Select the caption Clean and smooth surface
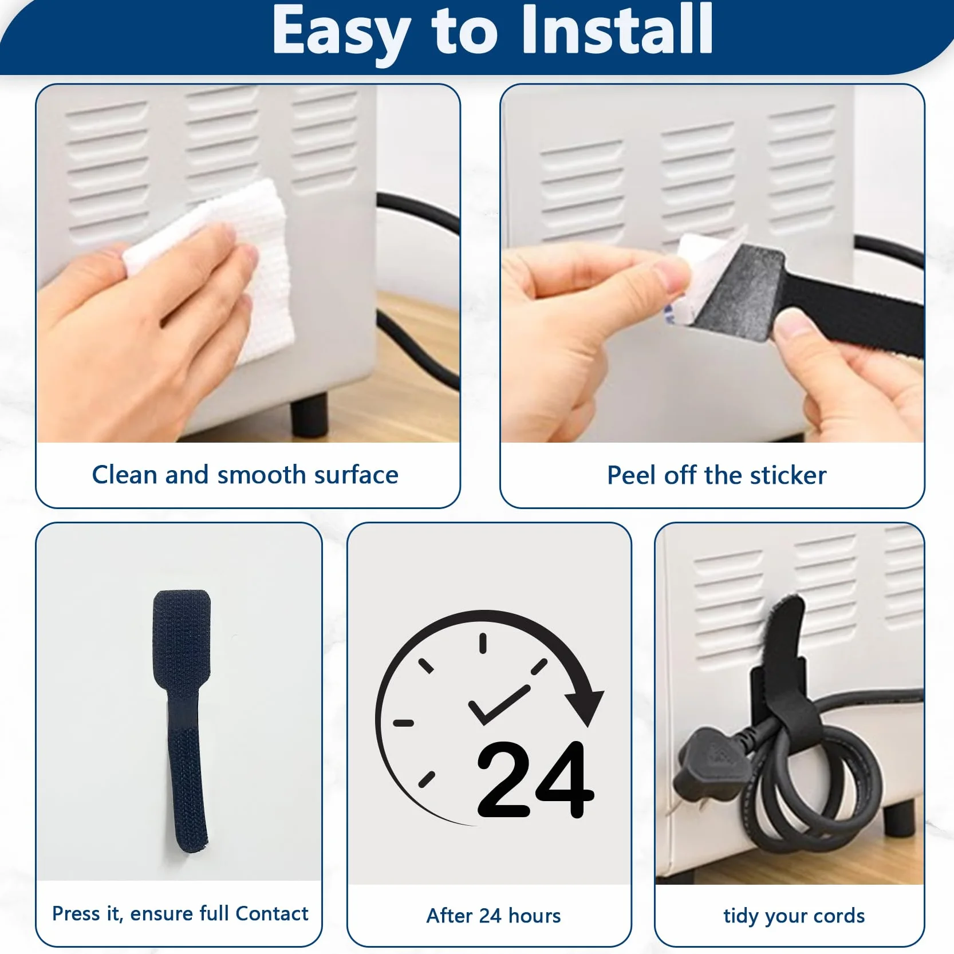coord(245,475)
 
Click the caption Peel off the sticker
coord(716,475)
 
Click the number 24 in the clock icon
coord(535,780)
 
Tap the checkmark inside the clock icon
coord(498,704)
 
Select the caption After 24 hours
coord(494,916)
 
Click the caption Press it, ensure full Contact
coord(180,913)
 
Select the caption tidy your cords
coord(794,916)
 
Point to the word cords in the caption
coord(838,916)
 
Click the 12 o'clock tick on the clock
coord(483,643)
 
